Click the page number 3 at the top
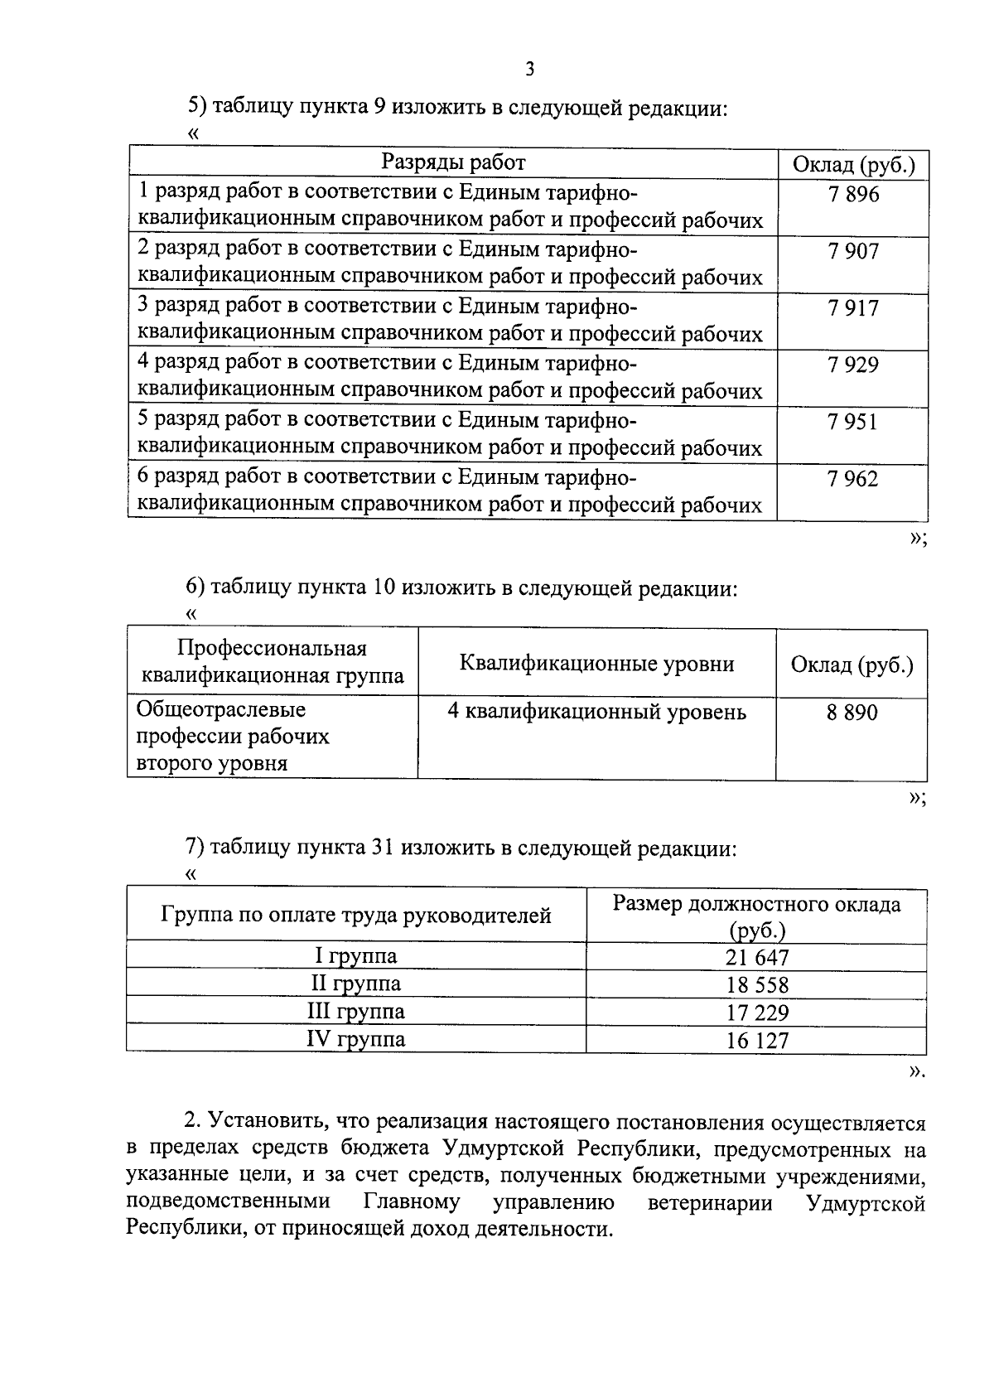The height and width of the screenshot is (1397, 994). coord(529,70)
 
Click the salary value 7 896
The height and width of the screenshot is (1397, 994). coord(852,196)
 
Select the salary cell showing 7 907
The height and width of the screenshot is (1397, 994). coord(852,252)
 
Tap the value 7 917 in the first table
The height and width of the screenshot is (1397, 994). coord(852,308)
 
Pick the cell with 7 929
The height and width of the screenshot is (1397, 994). coord(852,365)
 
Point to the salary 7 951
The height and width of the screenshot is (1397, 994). coord(852,423)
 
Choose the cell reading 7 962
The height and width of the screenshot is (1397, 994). coord(852,479)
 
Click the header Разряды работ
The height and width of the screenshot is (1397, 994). coord(453,162)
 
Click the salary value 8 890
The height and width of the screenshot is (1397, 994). coord(852,713)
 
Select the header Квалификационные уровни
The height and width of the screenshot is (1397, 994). coord(596,664)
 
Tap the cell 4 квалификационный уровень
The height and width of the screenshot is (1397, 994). coord(596,712)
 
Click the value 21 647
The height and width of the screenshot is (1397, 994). coord(757,958)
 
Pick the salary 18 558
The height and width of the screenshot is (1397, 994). coord(757,985)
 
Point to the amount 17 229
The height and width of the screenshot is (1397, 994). coord(757,1013)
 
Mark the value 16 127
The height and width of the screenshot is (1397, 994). coord(757,1041)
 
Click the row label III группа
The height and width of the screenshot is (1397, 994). coord(356,1012)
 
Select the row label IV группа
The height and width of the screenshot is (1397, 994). coord(356,1039)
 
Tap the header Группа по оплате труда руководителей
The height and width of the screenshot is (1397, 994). coord(356,916)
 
